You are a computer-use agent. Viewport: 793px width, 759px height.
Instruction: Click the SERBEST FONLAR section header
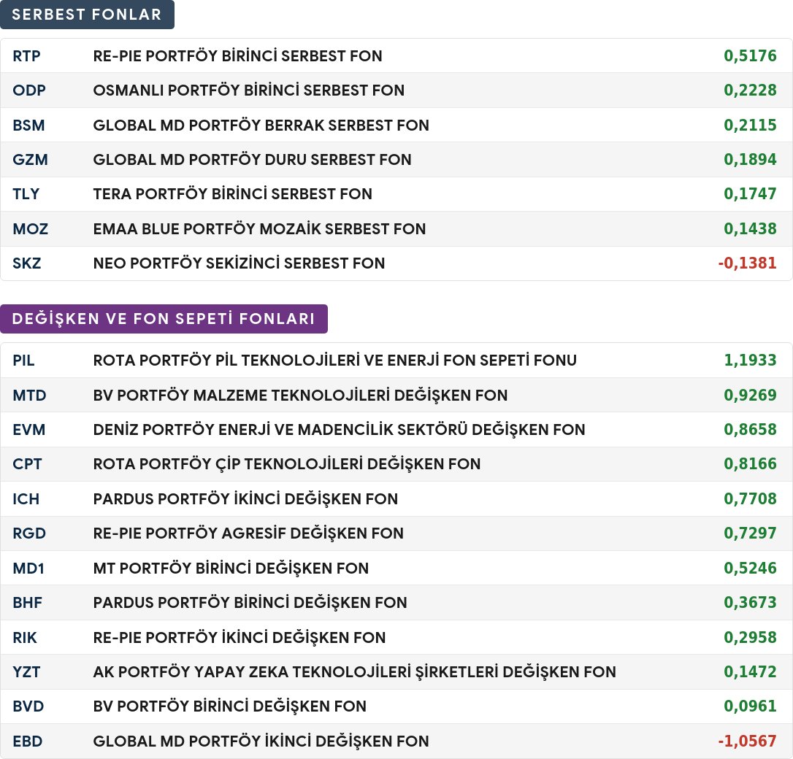click(87, 14)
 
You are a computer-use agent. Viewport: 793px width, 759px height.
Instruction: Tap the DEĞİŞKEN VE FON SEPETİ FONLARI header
click(164, 318)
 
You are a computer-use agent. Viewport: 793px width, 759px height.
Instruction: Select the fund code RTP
click(26, 55)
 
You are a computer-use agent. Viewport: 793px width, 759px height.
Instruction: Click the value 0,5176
click(750, 55)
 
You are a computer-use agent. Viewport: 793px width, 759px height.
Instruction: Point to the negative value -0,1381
click(747, 263)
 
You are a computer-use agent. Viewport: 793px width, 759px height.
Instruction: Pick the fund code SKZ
click(27, 263)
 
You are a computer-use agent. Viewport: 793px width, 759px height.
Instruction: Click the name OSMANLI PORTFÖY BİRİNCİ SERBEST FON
click(249, 90)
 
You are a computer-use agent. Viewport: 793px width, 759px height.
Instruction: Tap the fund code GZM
click(31, 159)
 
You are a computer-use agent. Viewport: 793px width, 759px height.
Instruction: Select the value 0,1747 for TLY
click(750, 193)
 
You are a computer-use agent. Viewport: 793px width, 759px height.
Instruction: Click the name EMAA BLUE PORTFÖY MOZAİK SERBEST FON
click(259, 228)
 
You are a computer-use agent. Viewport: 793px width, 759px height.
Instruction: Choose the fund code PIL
click(24, 361)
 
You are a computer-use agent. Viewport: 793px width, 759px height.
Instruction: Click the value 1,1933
click(750, 360)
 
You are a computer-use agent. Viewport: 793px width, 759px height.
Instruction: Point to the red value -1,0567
click(747, 741)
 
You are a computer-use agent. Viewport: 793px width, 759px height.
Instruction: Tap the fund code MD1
click(28, 568)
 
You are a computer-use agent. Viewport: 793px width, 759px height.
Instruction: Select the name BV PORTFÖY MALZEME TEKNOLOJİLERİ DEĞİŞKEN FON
click(300, 395)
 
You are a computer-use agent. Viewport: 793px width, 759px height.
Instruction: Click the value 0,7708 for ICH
click(750, 498)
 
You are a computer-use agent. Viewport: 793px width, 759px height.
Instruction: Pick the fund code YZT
click(26, 671)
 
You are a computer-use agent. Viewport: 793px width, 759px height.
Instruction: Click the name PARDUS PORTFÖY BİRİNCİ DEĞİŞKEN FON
click(250, 602)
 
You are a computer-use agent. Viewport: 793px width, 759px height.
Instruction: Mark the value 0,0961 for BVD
click(750, 706)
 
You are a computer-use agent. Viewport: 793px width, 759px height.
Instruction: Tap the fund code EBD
click(27, 741)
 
